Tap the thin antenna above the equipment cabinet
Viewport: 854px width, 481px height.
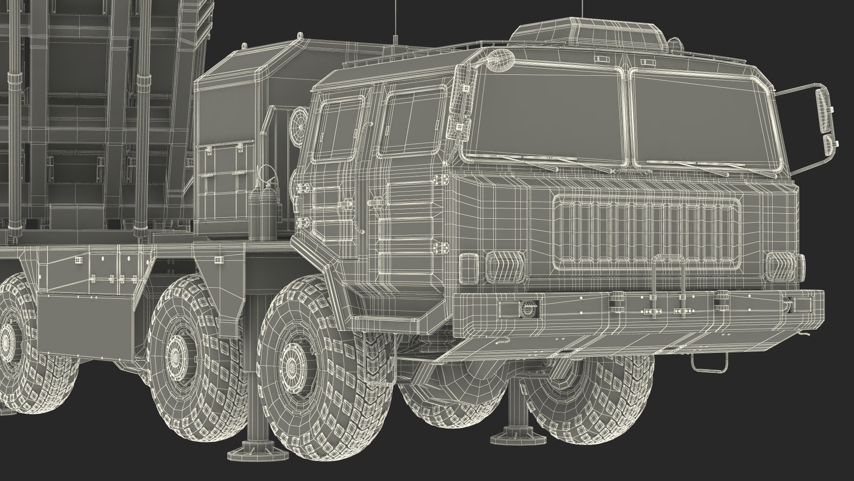coord(395,22)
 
